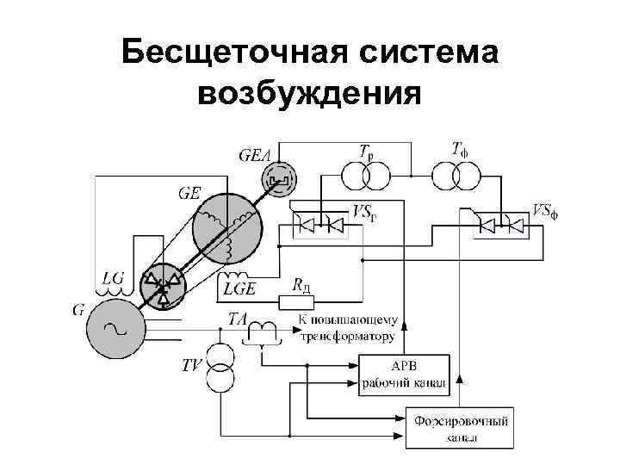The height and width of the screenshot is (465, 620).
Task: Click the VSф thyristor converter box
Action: [x=501, y=226]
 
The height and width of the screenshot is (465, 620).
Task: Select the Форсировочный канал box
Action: [x=460, y=427]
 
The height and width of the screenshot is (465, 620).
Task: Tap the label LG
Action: [x=113, y=278]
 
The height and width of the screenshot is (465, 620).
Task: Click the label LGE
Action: [x=239, y=288]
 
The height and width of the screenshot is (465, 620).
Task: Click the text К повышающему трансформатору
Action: [x=345, y=328]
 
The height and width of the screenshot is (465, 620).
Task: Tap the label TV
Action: [x=192, y=365]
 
